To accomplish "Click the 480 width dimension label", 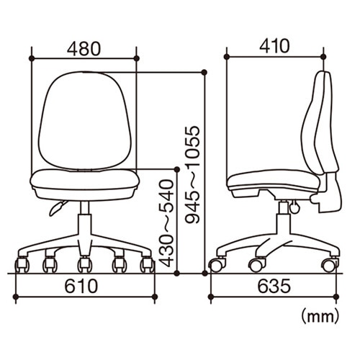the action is pos(84,49).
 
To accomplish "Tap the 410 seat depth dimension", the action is pos(274,46).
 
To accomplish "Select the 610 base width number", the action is pos(81,286).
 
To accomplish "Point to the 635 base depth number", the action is pos(274,286).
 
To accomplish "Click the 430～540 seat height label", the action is pos(166,224).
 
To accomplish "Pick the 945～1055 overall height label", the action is pos(192,175).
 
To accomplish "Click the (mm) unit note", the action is pos(320,317).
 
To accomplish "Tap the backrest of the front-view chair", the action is pos(85,120).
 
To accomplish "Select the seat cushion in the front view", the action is pos(85,179).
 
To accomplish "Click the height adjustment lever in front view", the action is pos(58,208).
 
